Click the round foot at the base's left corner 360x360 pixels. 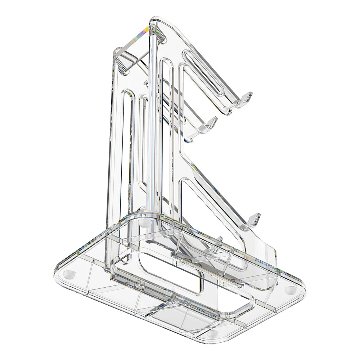(x=69, y=274)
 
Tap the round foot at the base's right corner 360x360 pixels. (x=290, y=289)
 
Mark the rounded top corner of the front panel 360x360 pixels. (x=156, y=20)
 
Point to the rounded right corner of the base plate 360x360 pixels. (x=301, y=288)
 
